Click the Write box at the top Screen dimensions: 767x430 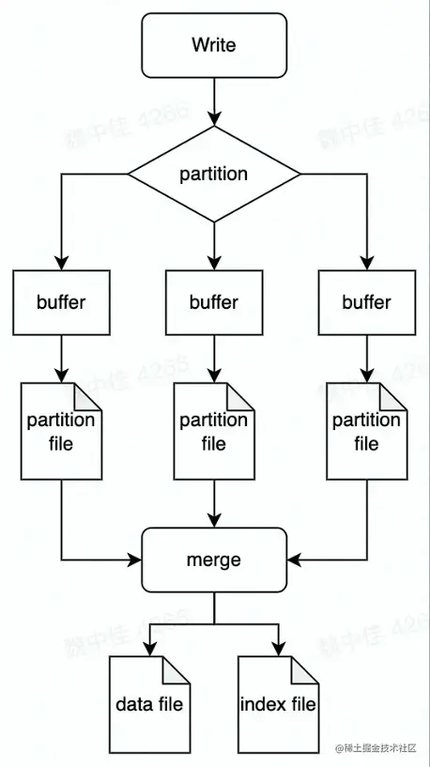point(214,45)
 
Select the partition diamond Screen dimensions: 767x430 point(214,174)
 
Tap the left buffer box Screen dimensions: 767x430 point(61,302)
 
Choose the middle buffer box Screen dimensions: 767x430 point(214,302)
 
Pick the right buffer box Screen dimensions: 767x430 point(366,302)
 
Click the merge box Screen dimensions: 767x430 point(214,560)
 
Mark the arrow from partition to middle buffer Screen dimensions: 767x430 point(214,244)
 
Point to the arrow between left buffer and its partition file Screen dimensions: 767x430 point(61,357)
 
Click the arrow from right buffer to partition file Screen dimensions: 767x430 point(366,357)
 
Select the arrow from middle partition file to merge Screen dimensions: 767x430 point(214,502)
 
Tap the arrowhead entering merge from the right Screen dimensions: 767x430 point(293,560)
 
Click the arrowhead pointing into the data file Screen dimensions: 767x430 point(150,649)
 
